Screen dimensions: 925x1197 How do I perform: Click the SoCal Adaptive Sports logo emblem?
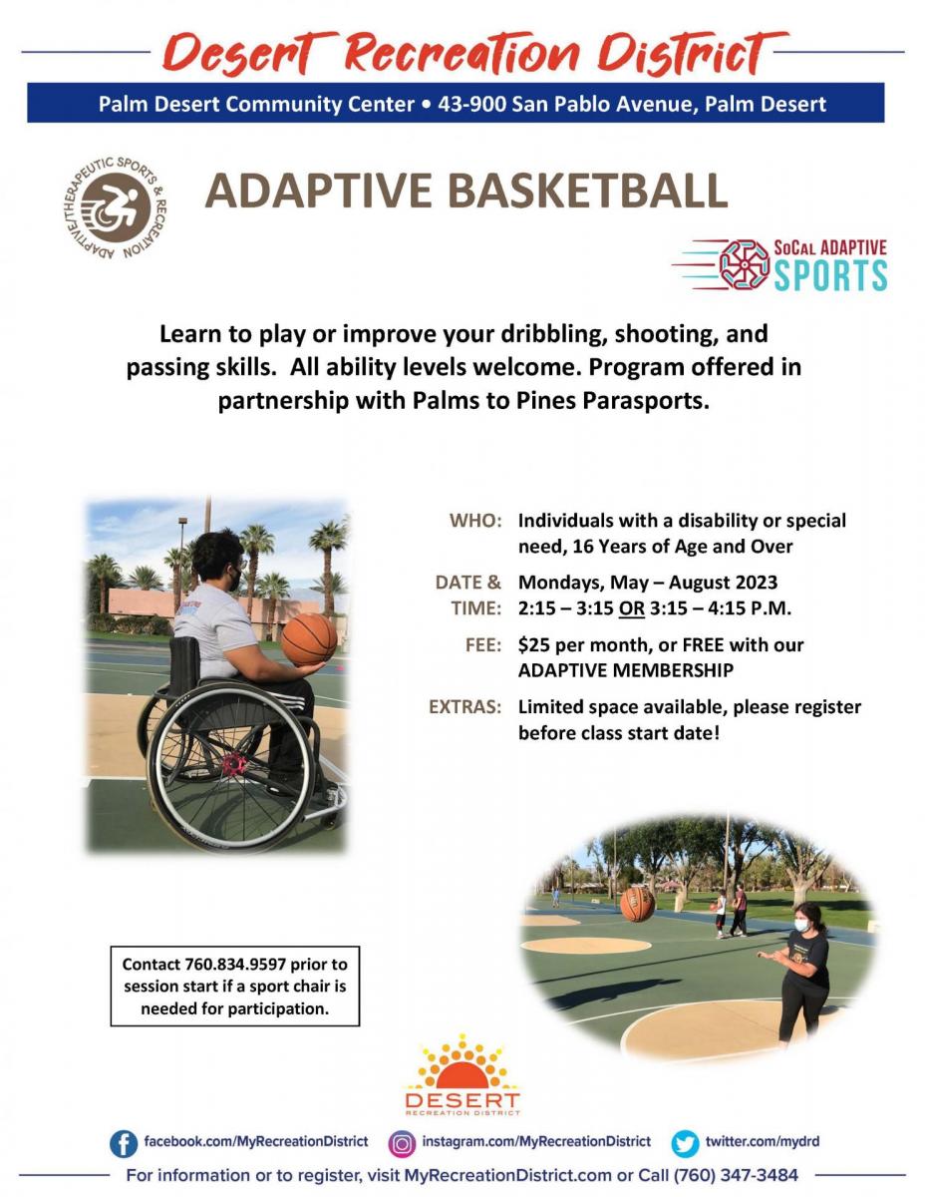[x=744, y=263]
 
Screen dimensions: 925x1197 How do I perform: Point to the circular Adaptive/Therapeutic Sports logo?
[x=115, y=207]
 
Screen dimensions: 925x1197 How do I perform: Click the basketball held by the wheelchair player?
[x=309, y=639]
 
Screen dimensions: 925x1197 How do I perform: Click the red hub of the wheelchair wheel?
[x=235, y=763]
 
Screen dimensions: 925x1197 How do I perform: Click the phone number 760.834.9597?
[x=235, y=965]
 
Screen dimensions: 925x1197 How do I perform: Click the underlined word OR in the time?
[x=631, y=608]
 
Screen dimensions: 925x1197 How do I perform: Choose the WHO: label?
[x=475, y=521]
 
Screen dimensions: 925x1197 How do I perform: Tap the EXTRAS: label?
[x=464, y=707]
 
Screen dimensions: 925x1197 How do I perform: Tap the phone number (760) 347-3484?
[x=736, y=1175]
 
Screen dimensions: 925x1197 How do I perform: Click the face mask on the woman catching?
[x=801, y=926]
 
